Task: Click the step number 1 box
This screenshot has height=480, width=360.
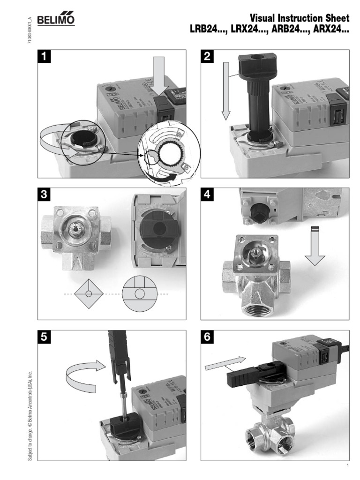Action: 45,57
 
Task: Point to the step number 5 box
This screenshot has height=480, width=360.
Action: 45,337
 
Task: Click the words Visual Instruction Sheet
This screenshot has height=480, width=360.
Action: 300,18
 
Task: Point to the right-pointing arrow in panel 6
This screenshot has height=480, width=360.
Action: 225,363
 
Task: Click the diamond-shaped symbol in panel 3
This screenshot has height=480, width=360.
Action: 89,293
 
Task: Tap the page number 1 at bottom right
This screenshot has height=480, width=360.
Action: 348,466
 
